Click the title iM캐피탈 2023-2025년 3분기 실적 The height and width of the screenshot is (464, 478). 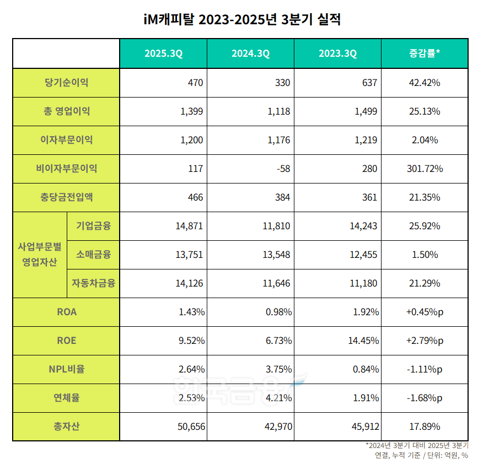click(239, 20)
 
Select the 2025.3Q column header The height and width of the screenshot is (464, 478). click(163, 53)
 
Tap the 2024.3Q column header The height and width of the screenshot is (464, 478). click(250, 53)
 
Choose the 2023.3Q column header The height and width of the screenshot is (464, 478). click(337, 53)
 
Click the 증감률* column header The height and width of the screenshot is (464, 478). click(425, 53)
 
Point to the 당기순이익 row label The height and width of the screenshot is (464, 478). click(66, 83)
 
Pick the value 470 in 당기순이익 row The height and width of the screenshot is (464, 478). click(195, 83)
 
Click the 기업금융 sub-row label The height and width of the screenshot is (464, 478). click(93, 226)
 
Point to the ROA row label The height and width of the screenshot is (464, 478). click(66, 312)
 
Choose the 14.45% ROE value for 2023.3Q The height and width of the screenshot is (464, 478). click(363, 341)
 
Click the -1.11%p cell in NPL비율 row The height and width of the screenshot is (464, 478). click(425, 369)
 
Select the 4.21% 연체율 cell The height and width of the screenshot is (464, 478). click(278, 398)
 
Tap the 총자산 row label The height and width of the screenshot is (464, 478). click(66, 427)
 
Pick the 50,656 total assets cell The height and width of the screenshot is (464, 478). click(189, 427)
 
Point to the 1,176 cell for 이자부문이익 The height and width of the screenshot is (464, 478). click(279, 140)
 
